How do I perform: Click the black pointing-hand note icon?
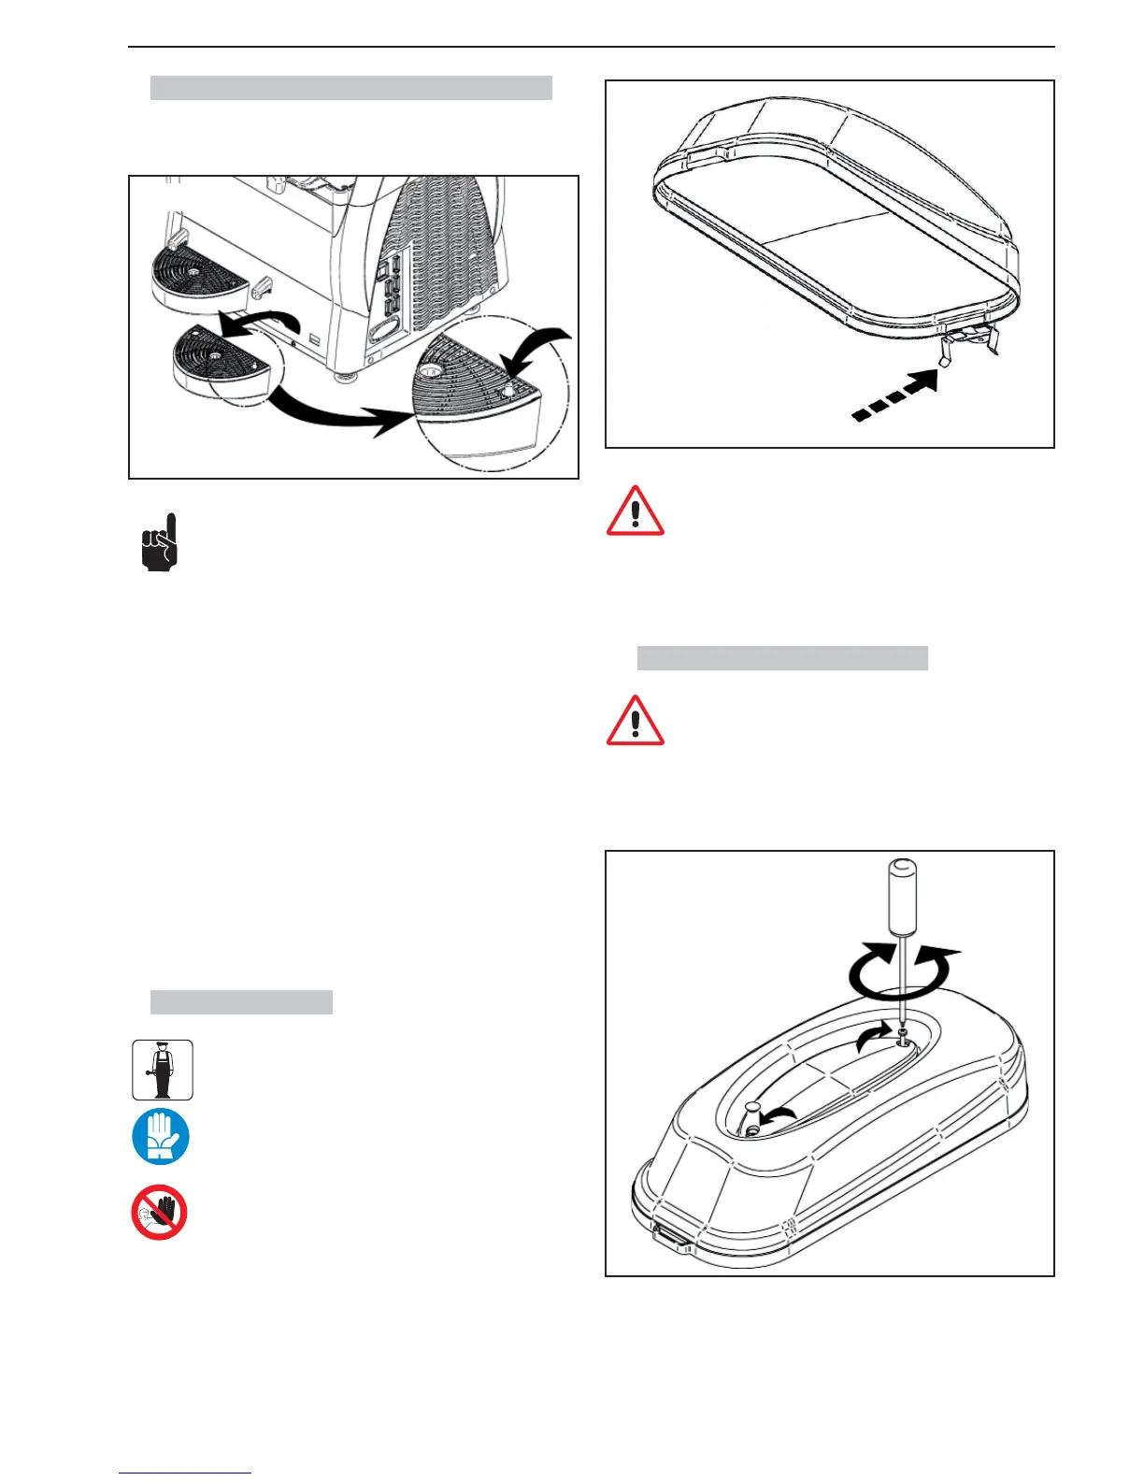159,543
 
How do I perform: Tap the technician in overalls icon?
163,1070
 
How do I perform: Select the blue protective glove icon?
161,1137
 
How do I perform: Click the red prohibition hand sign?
159,1213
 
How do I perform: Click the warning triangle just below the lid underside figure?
636,511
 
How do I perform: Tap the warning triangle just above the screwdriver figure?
636,721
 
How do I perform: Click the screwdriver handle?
901,898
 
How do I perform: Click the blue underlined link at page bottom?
185,1473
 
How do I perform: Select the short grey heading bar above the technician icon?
241,1002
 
